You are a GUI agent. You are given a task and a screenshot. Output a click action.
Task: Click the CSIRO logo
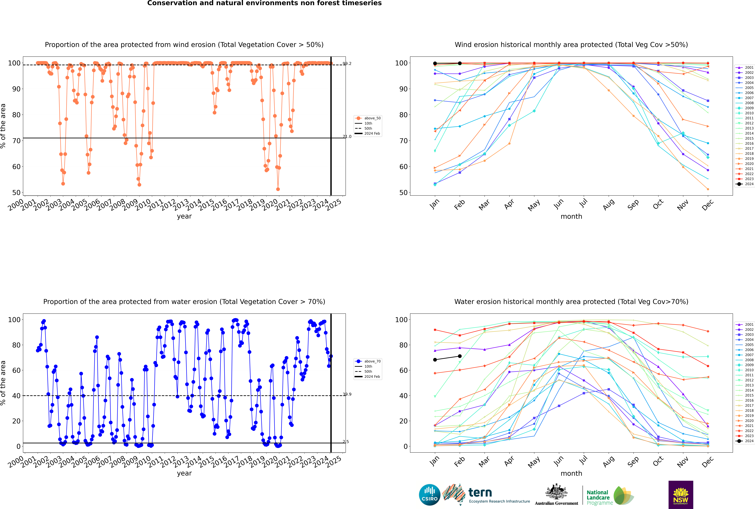click(x=429, y=495)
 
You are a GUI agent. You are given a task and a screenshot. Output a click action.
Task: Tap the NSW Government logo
click(x=681, y=494)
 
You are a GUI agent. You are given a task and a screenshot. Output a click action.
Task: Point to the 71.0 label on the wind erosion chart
click(x=347, y=137)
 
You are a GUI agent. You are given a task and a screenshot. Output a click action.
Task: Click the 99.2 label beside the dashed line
click(x=347, y=64)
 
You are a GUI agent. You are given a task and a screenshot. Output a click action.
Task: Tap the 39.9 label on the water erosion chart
click(x=347, y=394)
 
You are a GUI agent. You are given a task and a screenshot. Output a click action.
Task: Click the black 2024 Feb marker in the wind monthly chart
click(x=460, y=63)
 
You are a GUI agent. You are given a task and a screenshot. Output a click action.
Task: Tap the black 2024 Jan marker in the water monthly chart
click(x=435, y=360)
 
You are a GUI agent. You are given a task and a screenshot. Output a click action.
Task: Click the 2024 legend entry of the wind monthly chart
click(x=745, y=184)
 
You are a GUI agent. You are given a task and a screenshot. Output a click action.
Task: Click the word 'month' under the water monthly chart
click(x=571, y=474)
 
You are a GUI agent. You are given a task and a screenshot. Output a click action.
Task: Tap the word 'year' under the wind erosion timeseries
click(x=184, y=217)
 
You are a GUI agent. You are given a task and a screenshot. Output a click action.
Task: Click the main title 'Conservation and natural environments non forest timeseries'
click(x=265, y=3)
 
